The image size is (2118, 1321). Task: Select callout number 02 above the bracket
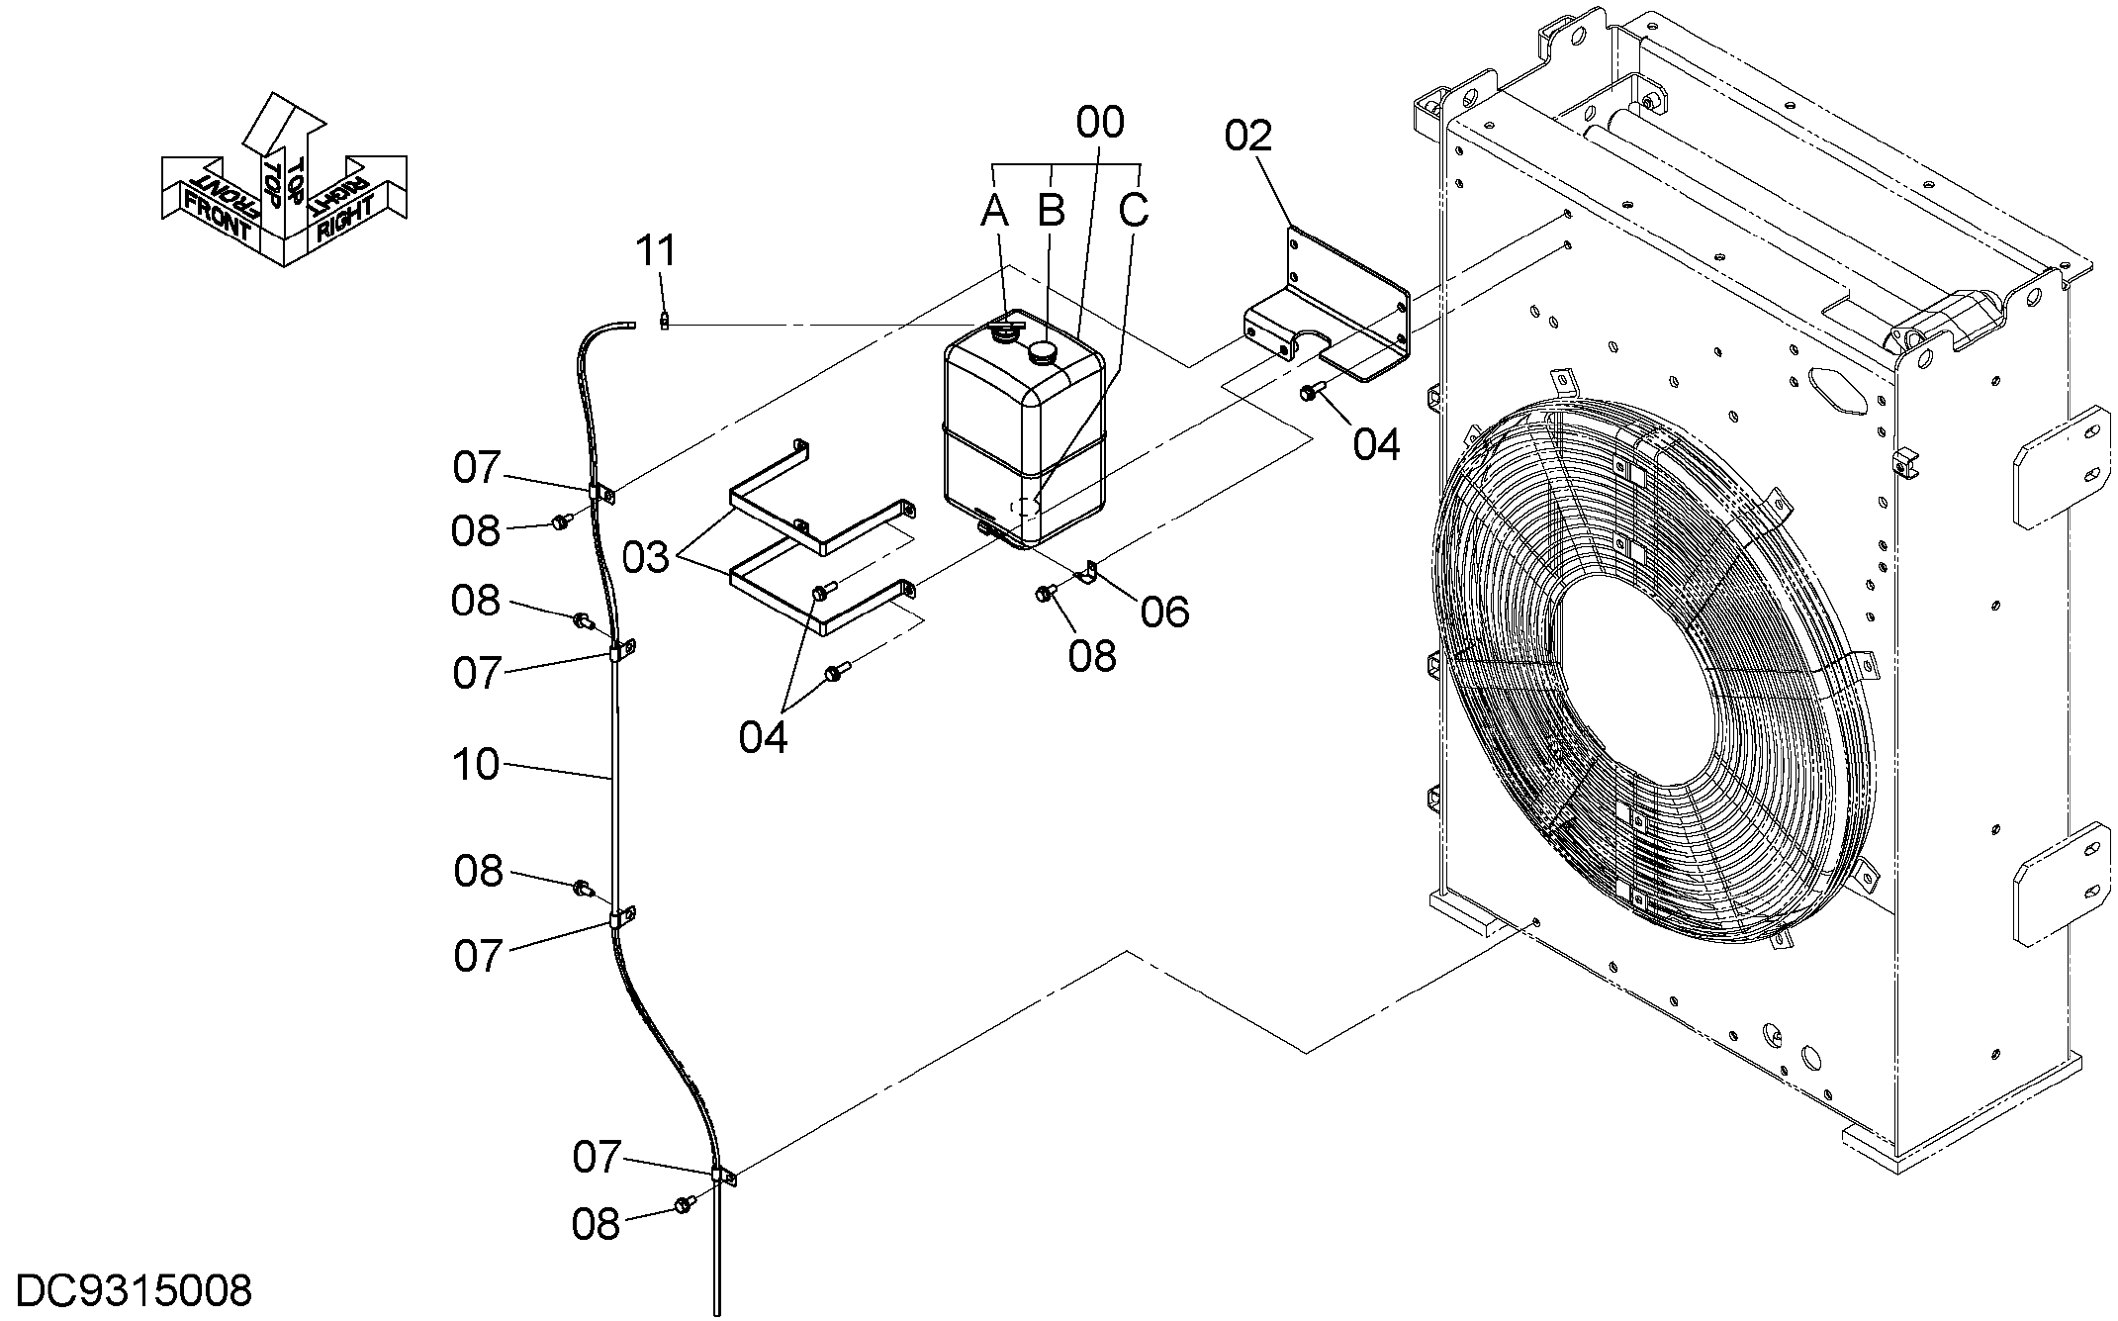(x=1247, y=136)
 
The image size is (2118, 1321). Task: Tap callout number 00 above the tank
(x=1100, y=123)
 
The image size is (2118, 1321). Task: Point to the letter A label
(x=995, y=210)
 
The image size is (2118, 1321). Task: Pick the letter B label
(x=1051, y=210)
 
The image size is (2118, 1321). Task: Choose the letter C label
(x=1134, y=210)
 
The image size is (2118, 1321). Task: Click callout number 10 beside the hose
(x=476, y=765)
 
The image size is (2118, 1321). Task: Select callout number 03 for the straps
(x=646, y=558)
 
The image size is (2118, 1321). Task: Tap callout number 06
(x=1164, y=613)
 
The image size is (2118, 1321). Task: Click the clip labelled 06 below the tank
(x=1090, y=572)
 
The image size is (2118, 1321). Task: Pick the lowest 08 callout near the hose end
(x=596, y=1224)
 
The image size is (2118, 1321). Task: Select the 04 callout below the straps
(x=764, y=737)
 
